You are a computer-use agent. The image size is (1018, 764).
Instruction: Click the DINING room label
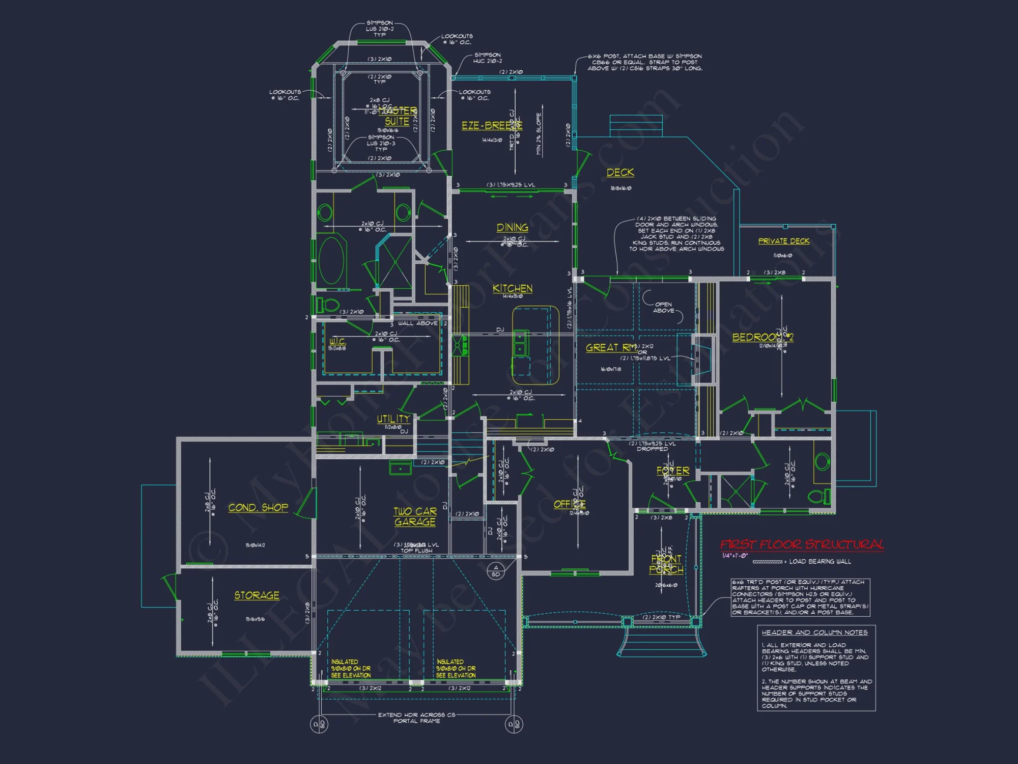coord(512,228)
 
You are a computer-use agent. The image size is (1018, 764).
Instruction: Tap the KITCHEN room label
coord(512,288)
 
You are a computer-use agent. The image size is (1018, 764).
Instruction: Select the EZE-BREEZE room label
coord(491,125)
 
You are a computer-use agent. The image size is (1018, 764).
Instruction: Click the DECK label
coord(620,172)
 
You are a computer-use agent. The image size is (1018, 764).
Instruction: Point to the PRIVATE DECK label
coord(783,241)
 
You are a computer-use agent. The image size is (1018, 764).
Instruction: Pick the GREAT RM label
coord(610,347)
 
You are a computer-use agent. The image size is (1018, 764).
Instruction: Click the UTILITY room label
coord(393,419)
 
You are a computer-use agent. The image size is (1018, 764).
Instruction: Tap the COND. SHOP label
coord(258,507)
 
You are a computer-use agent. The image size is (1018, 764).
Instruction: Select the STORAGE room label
coord(257,595)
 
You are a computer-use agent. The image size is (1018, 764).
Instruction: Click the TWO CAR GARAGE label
coord(415,516)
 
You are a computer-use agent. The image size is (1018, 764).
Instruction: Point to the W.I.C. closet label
coord(337,341)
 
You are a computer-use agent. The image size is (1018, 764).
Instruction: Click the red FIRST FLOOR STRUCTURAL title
coord(802,544)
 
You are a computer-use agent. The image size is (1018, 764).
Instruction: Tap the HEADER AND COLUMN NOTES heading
coord(814,633)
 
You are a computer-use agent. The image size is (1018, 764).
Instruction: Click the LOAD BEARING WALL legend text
coord(819,561)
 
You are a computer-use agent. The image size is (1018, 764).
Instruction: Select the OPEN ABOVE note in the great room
coord(663,307)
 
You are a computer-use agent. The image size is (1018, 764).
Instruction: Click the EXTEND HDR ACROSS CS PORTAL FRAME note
coord(416,718)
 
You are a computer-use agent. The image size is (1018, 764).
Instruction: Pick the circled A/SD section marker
coord(496,570)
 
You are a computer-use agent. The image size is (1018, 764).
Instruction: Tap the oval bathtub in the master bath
coord(331,260)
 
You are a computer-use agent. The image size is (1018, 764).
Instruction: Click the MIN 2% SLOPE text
coord(539,133)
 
